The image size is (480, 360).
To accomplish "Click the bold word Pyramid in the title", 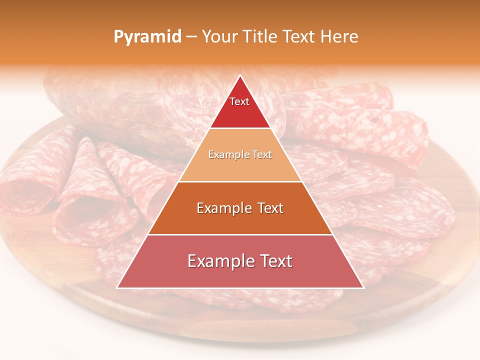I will [147, 37].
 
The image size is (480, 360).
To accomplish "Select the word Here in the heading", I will [339, 37].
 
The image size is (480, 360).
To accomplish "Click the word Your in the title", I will [219, 37].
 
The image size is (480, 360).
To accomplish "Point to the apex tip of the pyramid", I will [240, 76].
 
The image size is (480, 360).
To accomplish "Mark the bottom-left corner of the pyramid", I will [117, 287].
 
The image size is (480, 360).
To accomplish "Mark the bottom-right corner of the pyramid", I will [363, 287].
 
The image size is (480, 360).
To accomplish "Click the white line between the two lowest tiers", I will [240, 234].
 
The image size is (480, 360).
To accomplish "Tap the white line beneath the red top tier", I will [240, 128].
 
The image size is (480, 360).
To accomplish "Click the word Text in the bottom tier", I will [274, 261].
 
